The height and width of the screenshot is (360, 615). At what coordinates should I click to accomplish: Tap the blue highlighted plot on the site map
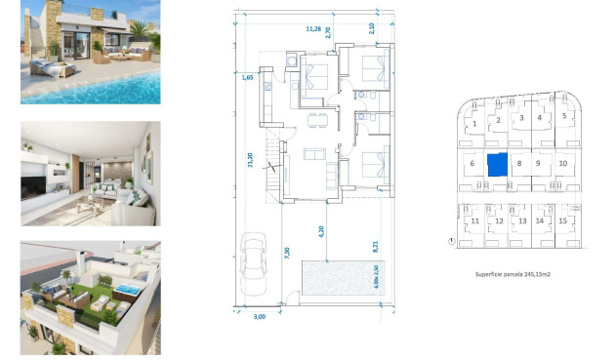(498, 163)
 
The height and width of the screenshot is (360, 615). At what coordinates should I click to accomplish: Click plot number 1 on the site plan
(474, 124)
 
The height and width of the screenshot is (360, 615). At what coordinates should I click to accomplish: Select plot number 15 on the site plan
(564, 221)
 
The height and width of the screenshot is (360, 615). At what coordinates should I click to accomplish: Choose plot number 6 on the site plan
(472, 164)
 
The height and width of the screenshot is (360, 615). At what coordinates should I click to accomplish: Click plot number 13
(521, 221)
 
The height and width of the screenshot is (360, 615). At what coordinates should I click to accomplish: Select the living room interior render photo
(90, 174)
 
